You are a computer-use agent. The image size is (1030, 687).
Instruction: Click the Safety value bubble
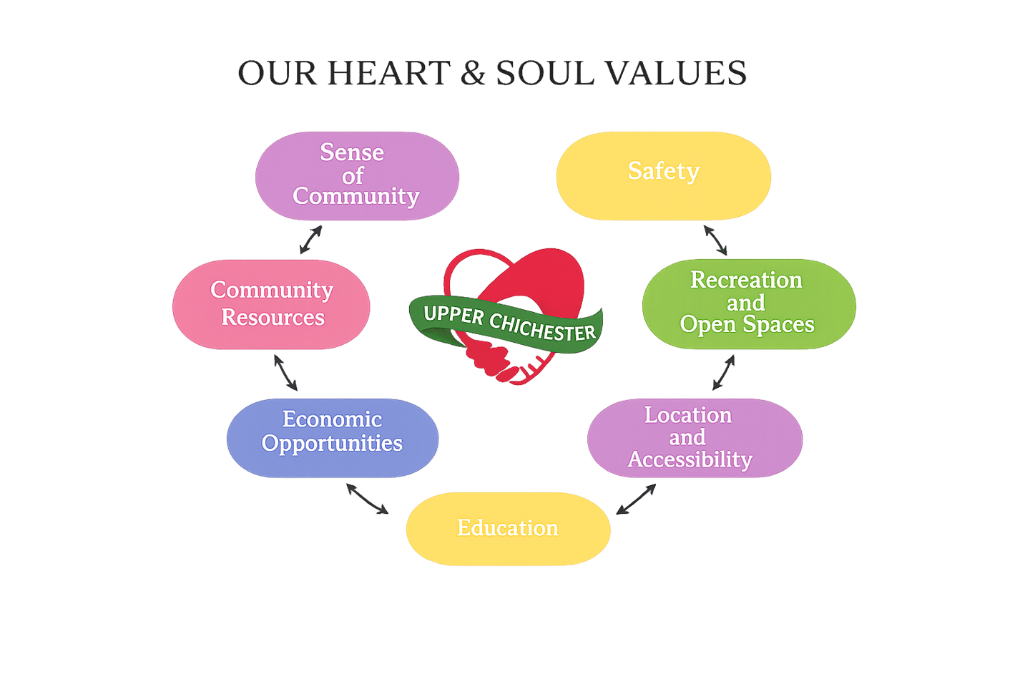663,175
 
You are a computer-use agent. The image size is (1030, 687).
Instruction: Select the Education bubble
508,529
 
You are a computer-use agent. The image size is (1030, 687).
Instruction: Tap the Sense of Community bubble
357,175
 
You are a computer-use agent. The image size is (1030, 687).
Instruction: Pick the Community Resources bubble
271,304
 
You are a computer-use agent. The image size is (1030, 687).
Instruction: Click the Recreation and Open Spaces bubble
748,304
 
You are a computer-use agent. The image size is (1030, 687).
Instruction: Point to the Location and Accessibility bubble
695,437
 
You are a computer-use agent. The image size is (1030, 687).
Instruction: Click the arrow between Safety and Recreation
715,240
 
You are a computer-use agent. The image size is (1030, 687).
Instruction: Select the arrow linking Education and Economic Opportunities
367,499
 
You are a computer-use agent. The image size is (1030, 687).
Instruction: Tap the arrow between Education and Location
636,499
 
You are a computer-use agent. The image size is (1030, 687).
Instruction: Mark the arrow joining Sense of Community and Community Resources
310,240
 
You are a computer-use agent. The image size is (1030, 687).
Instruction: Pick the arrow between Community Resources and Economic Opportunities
285,372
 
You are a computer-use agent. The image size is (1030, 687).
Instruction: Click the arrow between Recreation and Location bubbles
723,373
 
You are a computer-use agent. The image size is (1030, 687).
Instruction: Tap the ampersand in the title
472,74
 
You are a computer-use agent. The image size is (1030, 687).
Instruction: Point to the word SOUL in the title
544,74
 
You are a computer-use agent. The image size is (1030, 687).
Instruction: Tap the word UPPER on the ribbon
453,314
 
